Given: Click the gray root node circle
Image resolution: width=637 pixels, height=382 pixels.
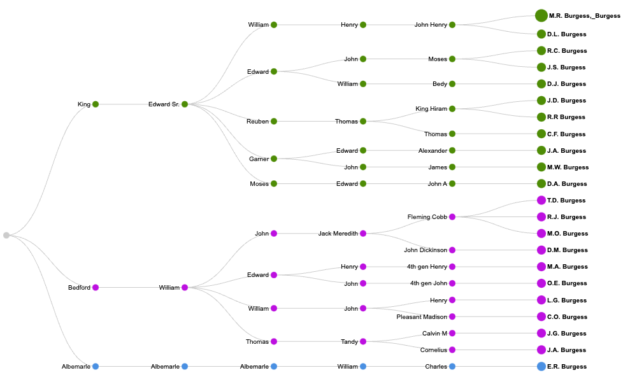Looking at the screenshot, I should click(x=6, y=235).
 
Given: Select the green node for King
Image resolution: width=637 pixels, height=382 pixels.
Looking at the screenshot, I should click(x=96, y=104).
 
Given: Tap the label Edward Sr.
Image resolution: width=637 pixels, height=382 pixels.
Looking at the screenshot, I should click(x=164, y=104).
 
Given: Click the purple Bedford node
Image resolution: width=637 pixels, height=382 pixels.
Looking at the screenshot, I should click(x=96, y=287).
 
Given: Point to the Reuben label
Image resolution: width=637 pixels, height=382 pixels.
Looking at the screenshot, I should click(x=257, y=121).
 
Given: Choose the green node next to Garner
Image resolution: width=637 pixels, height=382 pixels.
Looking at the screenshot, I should click(x=274, y=159).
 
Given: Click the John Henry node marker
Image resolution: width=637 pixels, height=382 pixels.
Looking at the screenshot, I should click(x=452, y=25).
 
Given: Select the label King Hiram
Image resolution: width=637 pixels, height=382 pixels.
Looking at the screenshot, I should click(x=431, y=109).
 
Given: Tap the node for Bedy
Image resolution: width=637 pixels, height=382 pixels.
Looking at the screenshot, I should click(x=452, y=83).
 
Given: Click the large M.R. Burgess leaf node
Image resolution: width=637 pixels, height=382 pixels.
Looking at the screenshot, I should click(x=541, y=15).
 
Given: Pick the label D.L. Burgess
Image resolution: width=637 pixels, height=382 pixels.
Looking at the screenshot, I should click(x=566, y=34).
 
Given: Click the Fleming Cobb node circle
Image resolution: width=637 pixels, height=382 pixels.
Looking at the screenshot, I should click(x=452, y=216).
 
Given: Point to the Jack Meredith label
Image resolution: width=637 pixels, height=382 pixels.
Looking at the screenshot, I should click(x=338, y=234).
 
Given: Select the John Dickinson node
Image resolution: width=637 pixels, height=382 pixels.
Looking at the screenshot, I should click(x=452, y=250).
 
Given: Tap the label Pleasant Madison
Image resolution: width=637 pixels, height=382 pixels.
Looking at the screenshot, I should click(x=422, y=316).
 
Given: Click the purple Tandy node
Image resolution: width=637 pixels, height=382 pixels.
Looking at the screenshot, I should click(x=363, y=341).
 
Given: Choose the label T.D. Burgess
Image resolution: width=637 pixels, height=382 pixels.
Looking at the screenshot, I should click(x=566, y=201).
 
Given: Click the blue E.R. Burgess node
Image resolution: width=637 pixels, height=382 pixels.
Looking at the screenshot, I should click(x=541, y=366).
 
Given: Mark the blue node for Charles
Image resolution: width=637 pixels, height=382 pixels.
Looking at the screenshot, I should click(x=452, y=366).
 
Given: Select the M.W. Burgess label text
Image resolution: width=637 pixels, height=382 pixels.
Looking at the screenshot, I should click(x=568, y=167).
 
